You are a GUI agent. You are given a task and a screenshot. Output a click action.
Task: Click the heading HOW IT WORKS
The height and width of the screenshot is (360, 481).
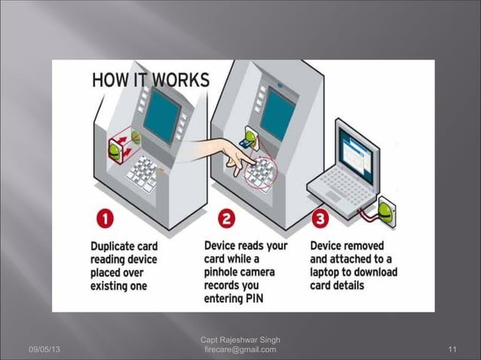tap(151, 80)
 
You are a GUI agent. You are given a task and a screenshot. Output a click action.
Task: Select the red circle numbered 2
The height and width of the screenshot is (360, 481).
tap(226, 221)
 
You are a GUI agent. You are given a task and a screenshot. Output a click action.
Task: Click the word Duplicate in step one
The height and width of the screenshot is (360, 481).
tap(116, 246)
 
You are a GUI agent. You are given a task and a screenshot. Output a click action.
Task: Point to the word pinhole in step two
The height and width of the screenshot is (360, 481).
tap(226, 273)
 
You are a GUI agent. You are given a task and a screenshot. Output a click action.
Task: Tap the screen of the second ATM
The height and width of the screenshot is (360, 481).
tap(277, 113)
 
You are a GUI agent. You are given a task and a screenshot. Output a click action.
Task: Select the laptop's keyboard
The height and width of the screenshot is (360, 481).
tap(348, 194)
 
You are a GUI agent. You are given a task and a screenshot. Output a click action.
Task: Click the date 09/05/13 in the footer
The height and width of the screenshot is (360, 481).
tap(45, 349)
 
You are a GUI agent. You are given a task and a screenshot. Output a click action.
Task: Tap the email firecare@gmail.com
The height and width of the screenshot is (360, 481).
tap(240, 349)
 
